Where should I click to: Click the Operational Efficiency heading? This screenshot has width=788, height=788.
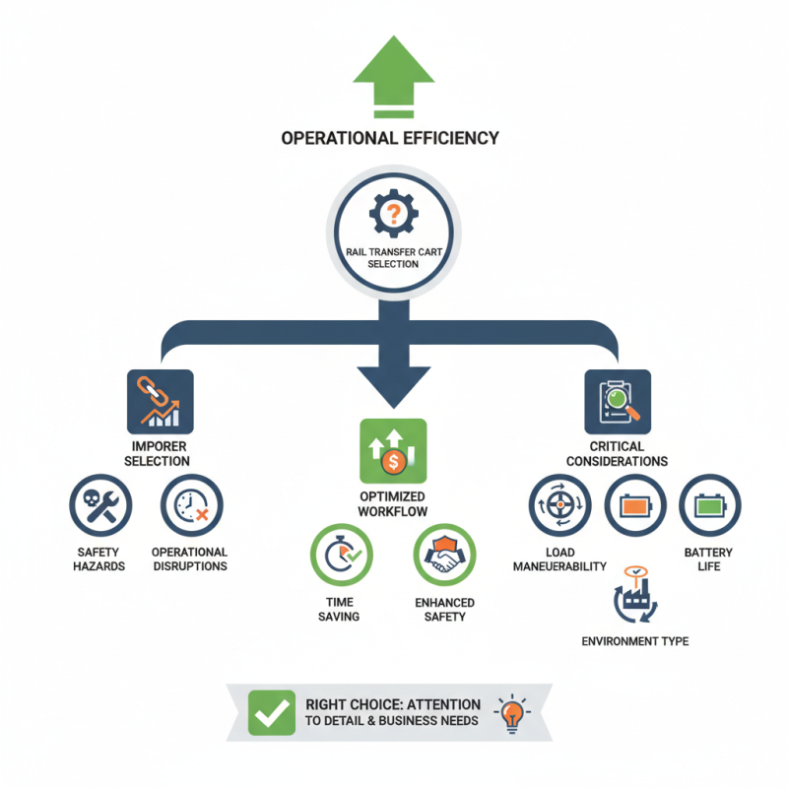tap(390, 138)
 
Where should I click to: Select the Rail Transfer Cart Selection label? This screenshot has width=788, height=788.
tap(392, 258)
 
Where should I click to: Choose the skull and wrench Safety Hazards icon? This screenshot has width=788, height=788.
tap(99, 505)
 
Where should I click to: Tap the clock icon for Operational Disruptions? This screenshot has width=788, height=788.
tap(191, 505)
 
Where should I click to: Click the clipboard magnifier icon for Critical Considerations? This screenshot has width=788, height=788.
tap(618, 402)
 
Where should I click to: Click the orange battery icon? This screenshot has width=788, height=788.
tap(634, 505)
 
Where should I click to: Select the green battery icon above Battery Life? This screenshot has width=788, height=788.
tap(709, 505)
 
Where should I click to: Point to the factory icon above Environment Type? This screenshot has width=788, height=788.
tap(633, 597)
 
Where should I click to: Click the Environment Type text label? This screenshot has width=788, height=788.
tap(634, 641)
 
